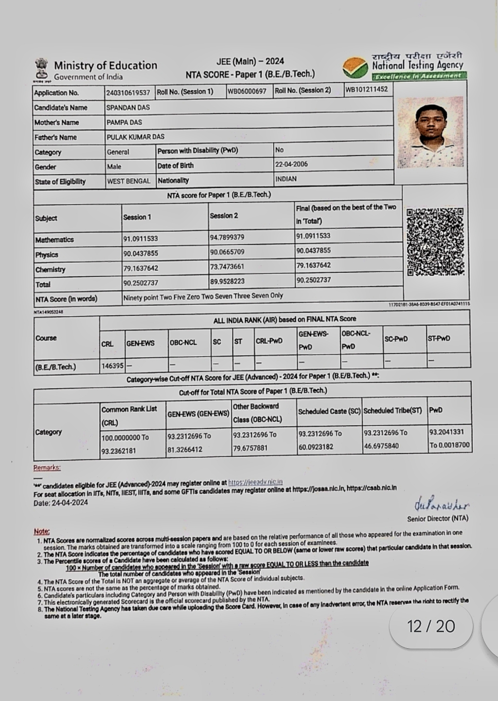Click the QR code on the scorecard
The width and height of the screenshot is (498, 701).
(435, 242)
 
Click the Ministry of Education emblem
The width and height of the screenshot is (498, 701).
(41, 70)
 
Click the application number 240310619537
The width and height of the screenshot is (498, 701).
(128, 93)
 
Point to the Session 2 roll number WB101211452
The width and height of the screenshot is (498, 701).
(366, 89)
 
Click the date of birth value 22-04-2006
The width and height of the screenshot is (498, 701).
(291, 164)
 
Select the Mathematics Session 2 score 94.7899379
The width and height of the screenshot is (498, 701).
(227, 237)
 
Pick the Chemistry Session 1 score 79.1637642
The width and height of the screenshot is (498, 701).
(140, 269)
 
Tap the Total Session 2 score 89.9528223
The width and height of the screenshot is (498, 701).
(227, 282)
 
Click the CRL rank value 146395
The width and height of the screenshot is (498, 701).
(112, 366)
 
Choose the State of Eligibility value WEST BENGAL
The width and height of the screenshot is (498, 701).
(129, 181)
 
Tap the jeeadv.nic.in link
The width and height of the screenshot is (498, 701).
(255, 483)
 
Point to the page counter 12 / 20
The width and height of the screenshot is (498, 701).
(431, 626)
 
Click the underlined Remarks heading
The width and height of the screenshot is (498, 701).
(47, 468)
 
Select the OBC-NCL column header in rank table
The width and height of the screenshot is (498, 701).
(183, 342)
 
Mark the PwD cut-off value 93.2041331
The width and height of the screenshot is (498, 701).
(446, 432)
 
